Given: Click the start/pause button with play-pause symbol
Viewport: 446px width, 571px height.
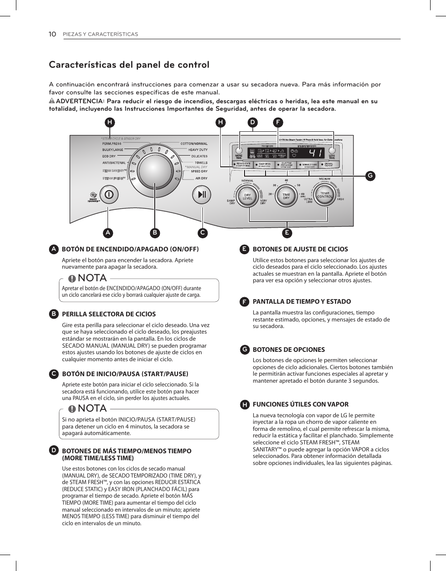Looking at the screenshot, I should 202,194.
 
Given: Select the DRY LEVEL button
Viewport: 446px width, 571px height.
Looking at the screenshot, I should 247,197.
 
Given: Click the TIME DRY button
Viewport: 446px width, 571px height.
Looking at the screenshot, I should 286,197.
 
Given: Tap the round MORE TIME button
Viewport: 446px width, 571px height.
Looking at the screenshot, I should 239,151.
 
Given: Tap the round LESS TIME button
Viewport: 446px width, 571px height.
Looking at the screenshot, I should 332,151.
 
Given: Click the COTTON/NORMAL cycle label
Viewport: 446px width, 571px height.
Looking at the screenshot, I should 194,143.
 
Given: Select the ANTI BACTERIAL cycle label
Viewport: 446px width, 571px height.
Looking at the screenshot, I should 115,163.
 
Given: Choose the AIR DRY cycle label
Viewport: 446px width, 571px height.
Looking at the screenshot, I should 201,178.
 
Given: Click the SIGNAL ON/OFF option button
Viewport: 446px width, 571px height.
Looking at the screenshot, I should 329,164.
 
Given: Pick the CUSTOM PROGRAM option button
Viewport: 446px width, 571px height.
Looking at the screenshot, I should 286,164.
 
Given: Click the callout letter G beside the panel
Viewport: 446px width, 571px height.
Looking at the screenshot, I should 369,175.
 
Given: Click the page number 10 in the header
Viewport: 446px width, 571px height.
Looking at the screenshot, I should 52,34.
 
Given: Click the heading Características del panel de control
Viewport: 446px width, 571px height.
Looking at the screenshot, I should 129,65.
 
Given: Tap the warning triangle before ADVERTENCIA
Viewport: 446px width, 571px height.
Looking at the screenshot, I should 52,101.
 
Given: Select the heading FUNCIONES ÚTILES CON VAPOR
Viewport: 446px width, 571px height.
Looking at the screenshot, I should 301,404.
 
